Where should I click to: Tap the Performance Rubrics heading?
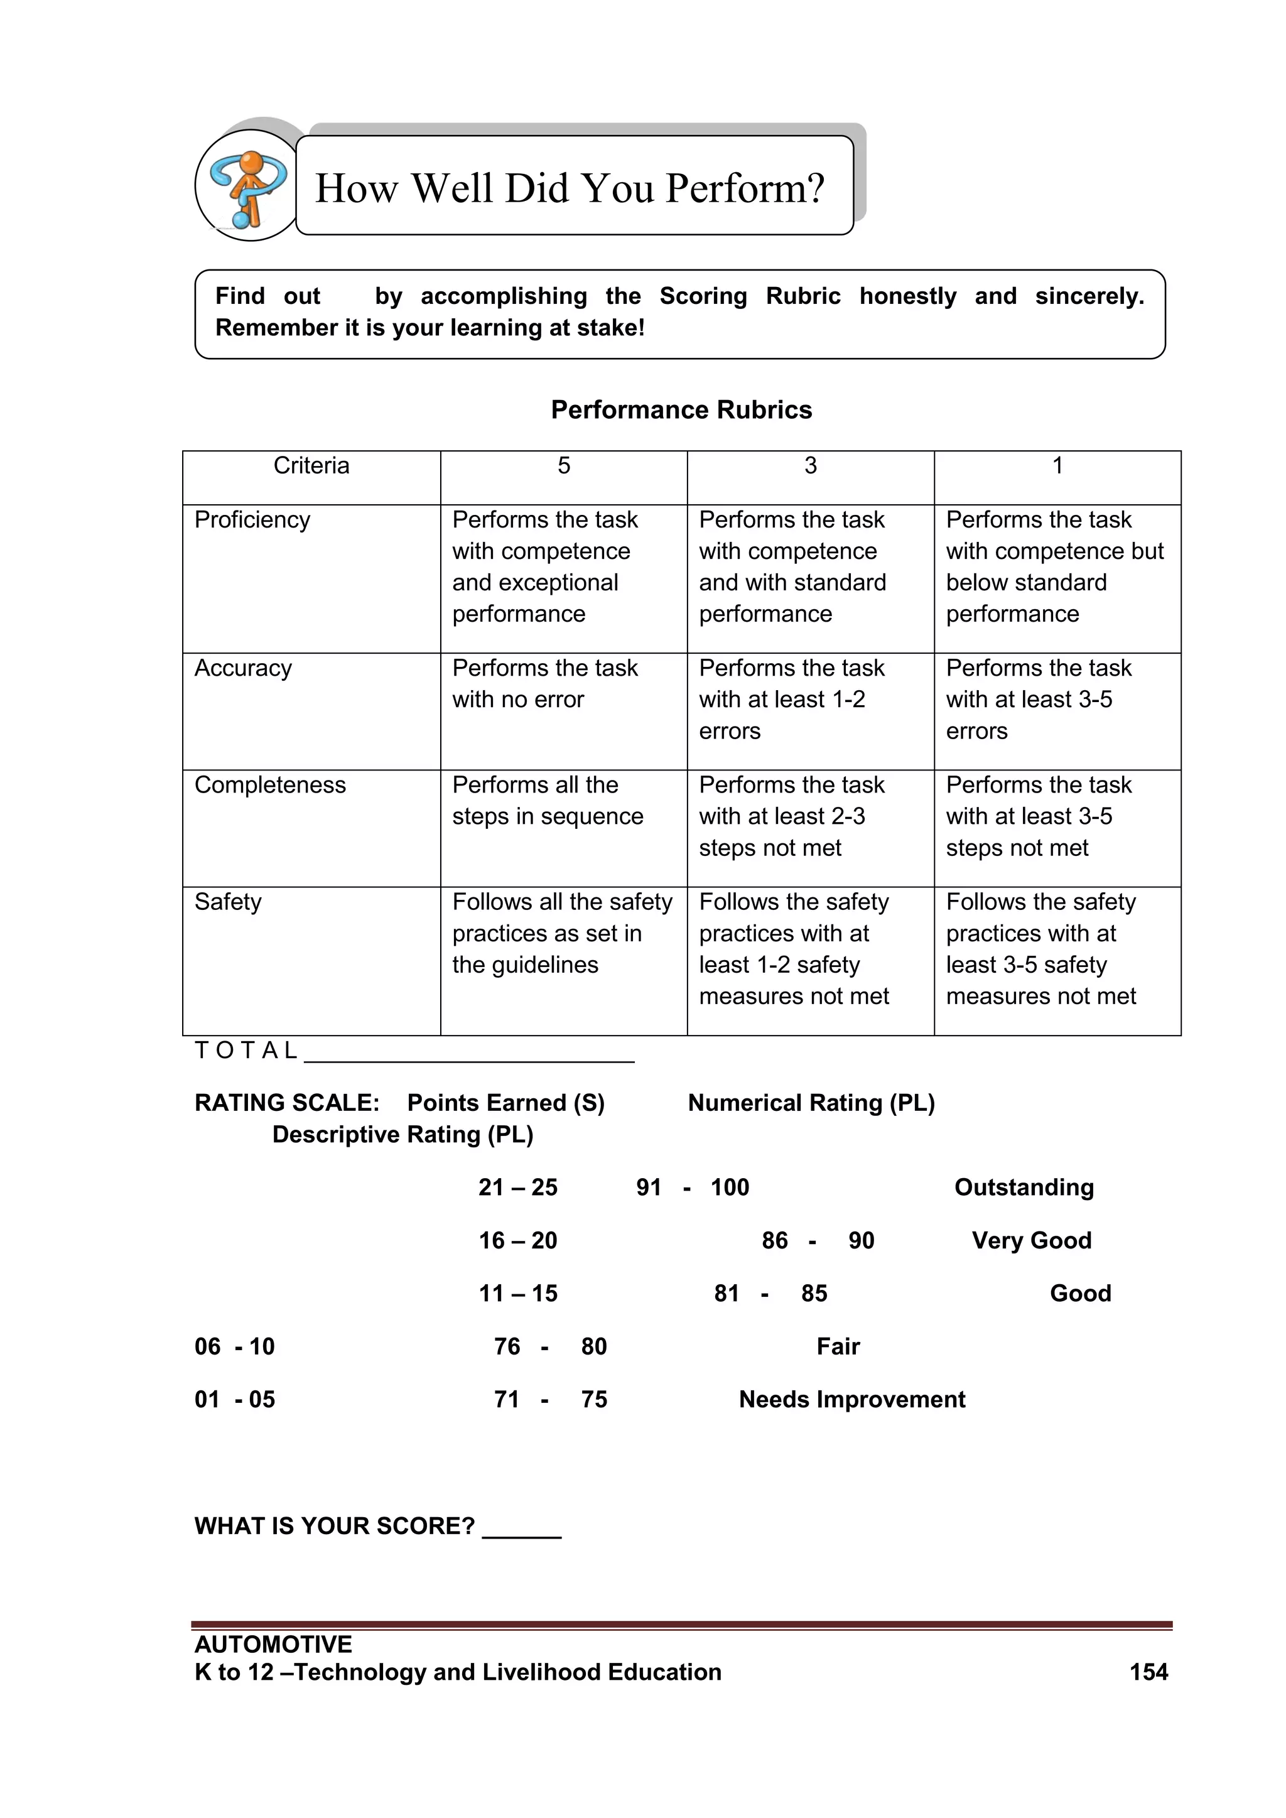pos(681,409)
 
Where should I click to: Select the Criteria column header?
pos(311,465)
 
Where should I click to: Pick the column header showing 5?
pos(563,465)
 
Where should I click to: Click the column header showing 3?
pos(810,465)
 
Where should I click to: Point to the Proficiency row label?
pos(252,519)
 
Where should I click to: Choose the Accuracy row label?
pos(243,668)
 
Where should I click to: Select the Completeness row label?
pos(270,785)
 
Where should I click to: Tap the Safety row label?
pos(228,901)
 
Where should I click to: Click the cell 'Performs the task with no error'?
pos(545,683)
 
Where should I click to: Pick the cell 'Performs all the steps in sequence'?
pos(547,801)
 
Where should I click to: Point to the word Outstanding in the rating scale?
pos(1024,1187)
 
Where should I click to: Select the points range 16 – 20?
pos(518,1240)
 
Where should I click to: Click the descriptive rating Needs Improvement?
pos(852,1399)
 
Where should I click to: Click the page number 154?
pos(1148,1672)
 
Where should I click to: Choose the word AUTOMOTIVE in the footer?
pos(273,1644)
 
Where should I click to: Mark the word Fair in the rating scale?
pos(838,1346)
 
